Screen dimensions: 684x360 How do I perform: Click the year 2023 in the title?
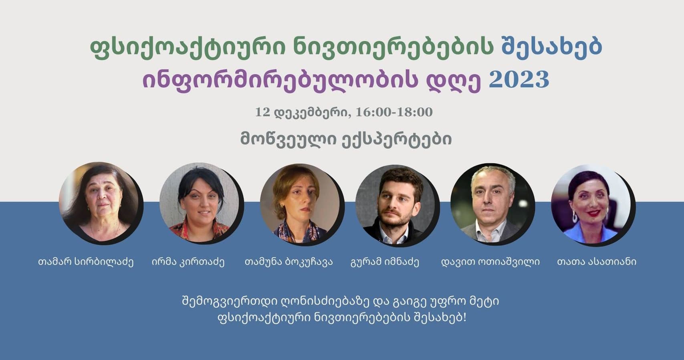[519, 80]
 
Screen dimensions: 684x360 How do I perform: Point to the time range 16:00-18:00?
[394, 112]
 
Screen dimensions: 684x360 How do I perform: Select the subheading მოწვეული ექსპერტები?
[346, 140]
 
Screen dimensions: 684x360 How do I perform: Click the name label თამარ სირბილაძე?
[86, 262]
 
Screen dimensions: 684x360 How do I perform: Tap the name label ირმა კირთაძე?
[188, 262]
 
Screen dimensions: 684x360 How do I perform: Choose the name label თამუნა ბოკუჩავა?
[289, 262]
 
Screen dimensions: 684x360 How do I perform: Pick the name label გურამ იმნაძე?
[385, 262]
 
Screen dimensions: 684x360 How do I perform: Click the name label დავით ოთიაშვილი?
[491, 262]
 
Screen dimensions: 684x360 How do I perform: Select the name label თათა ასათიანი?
[597, 262]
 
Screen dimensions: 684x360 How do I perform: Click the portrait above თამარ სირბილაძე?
[101, 203]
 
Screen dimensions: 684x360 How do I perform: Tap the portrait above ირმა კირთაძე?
[201, 203]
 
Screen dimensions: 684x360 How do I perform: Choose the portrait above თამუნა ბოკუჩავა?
[302, 204]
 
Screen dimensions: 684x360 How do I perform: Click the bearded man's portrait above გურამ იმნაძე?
[397, 205]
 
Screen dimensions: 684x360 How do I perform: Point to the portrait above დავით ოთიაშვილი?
[492, 204]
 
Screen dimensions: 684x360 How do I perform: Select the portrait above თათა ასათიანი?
[593, 205]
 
